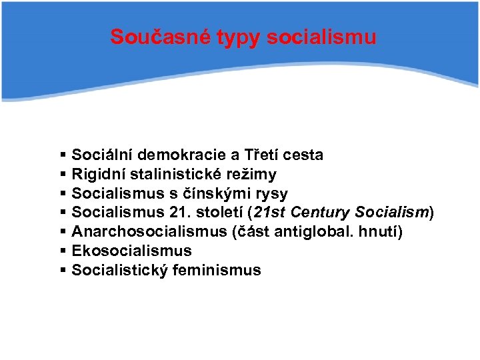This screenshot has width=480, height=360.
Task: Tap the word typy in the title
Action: click(x=239, y=38)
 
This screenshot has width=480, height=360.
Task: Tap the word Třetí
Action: click(x=261, y=155)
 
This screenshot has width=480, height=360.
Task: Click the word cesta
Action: click(x=303, y=155)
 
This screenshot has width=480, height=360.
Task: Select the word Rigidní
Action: click(x=99, y=175)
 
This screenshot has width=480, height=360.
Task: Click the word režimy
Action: click(x=252, y=175)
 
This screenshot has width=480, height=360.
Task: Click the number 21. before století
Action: click(x=184, y=213)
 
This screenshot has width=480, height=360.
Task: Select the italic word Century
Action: click(x=318, y=213)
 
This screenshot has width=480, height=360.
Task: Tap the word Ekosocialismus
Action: click(x=131, y=251)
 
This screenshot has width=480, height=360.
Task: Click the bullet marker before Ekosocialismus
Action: click(x=63, y=251)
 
